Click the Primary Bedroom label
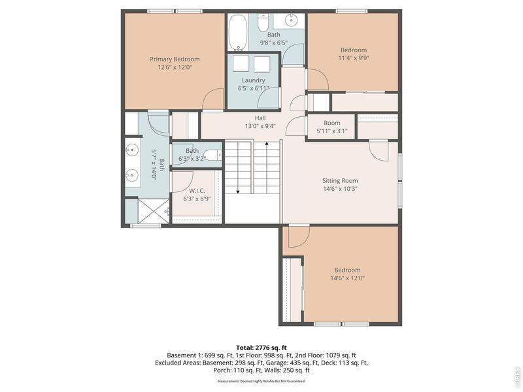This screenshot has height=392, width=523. (175, 59)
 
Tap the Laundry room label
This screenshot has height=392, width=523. (254, 80)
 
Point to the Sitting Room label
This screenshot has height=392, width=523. (340, 181)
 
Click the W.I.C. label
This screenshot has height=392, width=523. (197, 191)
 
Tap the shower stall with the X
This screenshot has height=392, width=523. (147, 210)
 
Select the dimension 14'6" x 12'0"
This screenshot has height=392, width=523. (347, 278)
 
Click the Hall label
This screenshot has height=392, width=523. (260, 118)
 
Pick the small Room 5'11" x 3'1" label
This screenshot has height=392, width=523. (332, 123)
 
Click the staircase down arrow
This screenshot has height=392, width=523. (237, 190)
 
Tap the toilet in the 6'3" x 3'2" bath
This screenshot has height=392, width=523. (215, 155)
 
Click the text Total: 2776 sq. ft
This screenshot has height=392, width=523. (261, 347)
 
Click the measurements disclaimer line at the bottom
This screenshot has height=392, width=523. (261, 381)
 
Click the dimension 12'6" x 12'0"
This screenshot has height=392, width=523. (175, 67)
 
